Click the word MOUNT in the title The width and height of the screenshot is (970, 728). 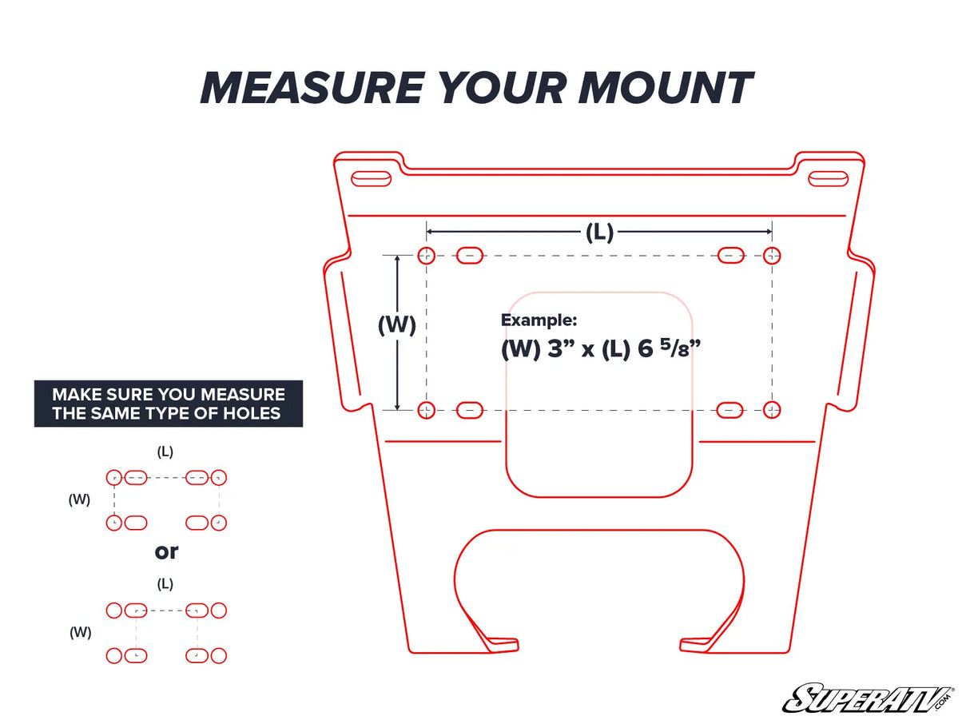pos(665,88)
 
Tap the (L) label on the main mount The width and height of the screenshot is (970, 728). pos(598,233)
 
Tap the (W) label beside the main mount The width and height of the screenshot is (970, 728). pos(397,325)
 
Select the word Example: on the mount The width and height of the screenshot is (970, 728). pos(539,320)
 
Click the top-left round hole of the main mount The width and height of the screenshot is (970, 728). pos(427,256)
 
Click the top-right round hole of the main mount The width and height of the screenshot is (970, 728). pos(771,256)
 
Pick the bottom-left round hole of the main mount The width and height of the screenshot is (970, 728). pos(427,410)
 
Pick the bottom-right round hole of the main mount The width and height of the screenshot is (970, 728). pos(771,410)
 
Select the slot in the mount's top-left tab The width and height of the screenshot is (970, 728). pos(371,178)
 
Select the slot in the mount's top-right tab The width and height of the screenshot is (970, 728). pos(828,178)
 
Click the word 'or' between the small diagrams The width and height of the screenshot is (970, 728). pos(166,551)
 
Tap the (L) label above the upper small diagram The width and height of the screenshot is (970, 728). pos(165,452)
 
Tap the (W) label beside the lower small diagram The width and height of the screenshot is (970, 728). pos(80,632)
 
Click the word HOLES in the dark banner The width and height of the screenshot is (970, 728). pos(252,413)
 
